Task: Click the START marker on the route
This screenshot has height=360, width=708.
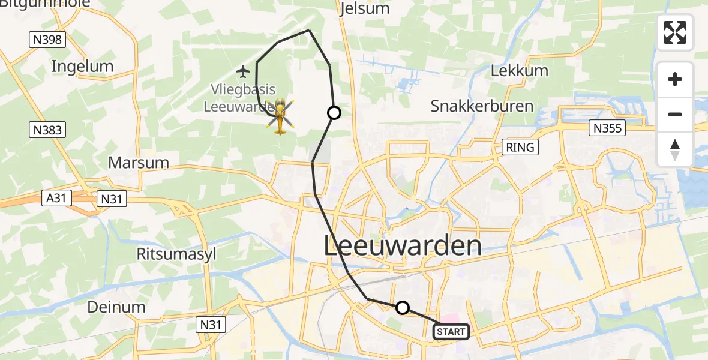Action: pyautogui.click(x=451, y=331)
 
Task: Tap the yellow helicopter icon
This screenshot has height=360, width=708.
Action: pyautogui.click(x=280, y=116)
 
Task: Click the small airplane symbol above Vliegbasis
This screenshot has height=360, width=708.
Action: pyautogui.click(x=243, y=72)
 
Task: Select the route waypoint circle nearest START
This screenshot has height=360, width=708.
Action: pyautogui.click(x=403, y=308)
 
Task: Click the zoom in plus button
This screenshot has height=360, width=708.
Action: pyautogui.click(x=675, y=79)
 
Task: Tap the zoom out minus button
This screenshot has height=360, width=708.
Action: pyautogui.click(x=675, y=114)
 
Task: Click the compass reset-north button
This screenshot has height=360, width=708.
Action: pyautogui.click(x=675, y=149)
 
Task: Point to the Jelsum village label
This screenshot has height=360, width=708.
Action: pyautogui.click(x=364, y=8)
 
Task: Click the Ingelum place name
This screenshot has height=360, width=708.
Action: pyautogui.click(x=82, y=66)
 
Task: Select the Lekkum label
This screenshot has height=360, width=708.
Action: pyautogui.click(x=520, y=70)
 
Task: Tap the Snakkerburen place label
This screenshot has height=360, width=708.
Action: pyautogui.click(x=482, y=106)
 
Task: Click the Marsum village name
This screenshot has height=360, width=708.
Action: pyautogui.click(x=138, y=163)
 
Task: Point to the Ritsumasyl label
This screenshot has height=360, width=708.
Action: pyautogui.click(x=169, y=254)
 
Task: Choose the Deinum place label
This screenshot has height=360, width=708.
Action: pyautogui.click(x=116, y=307)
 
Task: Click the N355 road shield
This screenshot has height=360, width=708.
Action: pyautogui.click(x=608, y=127)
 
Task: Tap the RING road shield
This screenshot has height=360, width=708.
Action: pyautogui.click(x=520, y=147)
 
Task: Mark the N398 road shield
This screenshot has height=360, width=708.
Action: pyautogui.click(x=47, y=40)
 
